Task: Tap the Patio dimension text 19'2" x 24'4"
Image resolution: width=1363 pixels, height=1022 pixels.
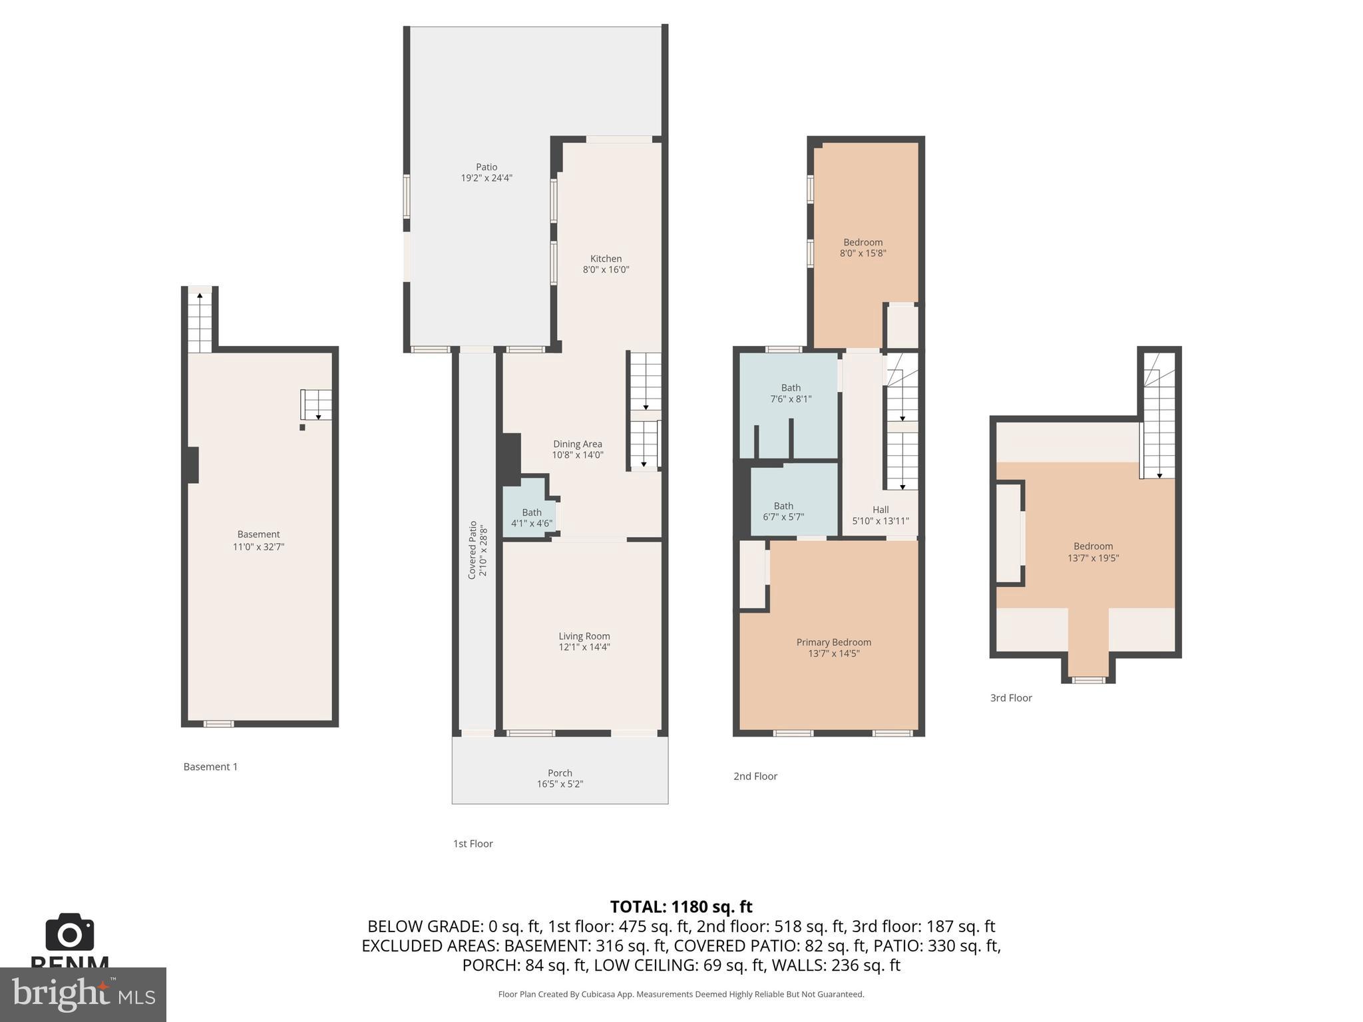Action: pos(487,178)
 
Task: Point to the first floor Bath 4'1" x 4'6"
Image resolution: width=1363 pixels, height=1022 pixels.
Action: pos(531,518)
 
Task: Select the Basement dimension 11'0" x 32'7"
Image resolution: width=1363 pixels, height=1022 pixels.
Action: pos(258,547)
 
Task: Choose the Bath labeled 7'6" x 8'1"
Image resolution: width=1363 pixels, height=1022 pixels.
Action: pos(791,393)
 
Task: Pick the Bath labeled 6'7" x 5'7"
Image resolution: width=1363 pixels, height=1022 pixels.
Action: pos(783,511)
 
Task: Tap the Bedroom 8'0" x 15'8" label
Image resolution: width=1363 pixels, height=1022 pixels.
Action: pos(863,248)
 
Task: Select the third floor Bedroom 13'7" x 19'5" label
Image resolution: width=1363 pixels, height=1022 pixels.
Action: pos(1093,552)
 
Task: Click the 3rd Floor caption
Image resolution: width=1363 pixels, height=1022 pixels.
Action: pos(1011,698)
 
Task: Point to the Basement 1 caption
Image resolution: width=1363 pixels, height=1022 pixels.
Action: pos(210,766)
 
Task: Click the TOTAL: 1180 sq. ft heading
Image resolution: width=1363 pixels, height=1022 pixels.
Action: pos(681,907)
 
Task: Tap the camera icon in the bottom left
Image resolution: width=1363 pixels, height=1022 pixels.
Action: pos(70,932)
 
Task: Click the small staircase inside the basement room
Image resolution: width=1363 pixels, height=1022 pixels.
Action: pos(316,404)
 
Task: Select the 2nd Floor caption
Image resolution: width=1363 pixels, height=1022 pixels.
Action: pos(755,776)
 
